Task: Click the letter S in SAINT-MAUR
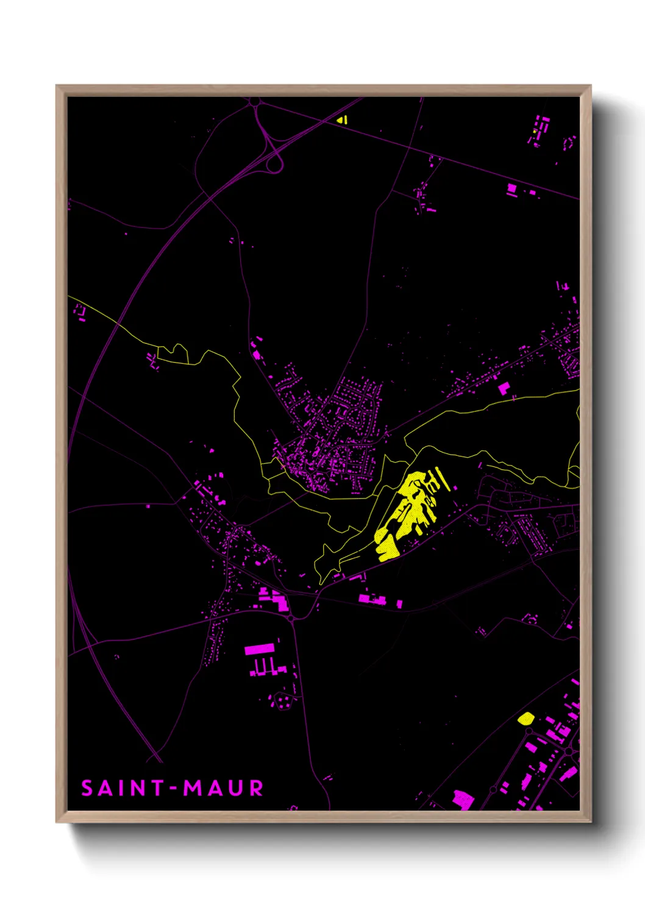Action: click(x=88, y=788)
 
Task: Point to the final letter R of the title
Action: click(x=256, y=788)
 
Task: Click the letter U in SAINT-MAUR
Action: click(x=236, y=788)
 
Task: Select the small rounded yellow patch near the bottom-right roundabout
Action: click(x=526, y=718)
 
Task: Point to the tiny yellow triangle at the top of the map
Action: click(x=342, y=119)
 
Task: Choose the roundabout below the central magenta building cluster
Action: click(x=292, y=618)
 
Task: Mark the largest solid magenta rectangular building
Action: click(x=260, y=649)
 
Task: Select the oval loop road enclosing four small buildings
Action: click(x=282, y=701)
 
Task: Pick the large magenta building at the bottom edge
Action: click(x=463, y=799)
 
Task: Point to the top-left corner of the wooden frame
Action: click(x=57, y=86)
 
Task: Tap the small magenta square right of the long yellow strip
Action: click(x=503, y=388)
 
